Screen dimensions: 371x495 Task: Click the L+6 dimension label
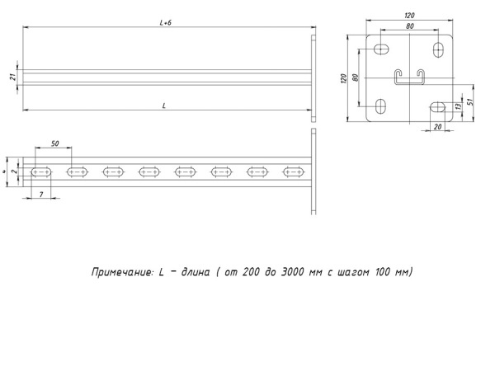pos(165,25)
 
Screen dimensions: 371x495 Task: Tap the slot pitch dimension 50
pos(54,144)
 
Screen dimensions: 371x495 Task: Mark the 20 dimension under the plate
pos(438,126)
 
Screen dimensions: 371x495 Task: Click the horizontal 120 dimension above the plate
pos(410,15)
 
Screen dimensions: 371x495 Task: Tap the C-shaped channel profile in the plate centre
pos(409,77)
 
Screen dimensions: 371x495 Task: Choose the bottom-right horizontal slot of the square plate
pos(438,106)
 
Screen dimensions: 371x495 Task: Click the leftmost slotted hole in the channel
pos(41,172)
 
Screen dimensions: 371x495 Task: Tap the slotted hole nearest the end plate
pos(294,172)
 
